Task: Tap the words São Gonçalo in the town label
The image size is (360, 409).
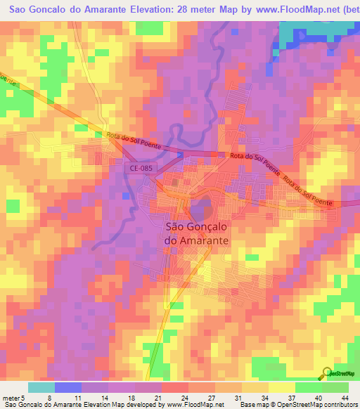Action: coord(199,226)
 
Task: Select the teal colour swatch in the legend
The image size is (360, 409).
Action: coord(41,387)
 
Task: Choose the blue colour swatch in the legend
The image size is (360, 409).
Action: coord(68,387)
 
